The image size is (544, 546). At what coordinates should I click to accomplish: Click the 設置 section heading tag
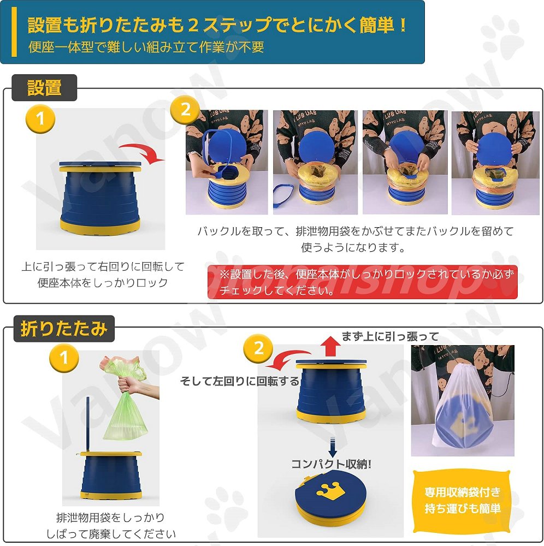tap(44, 88)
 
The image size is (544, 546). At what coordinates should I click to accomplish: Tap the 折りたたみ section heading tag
tap(64, 329)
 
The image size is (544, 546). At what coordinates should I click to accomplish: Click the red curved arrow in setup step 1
tap(143, 152)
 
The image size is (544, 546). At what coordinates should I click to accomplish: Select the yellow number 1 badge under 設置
tap(41, 118)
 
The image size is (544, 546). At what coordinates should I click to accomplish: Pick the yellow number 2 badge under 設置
tap(185, 110)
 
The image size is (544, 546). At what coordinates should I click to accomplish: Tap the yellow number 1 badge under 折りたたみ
tap(64, 358)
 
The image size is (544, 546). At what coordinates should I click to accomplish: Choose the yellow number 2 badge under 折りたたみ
tap(258, 348)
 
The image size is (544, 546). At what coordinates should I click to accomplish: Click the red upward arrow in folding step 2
tap(330, 347)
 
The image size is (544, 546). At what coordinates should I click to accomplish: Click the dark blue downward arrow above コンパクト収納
tap(333, 447)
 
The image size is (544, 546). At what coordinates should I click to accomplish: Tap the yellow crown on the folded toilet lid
tap(330, 490)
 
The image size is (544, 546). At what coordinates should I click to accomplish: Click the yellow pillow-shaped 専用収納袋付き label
tap(462, 500)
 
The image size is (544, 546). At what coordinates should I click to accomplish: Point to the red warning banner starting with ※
tap(363, 282)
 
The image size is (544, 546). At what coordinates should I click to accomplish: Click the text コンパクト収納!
tap(331, 464)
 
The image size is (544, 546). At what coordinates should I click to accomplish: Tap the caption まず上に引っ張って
tap(390, 336)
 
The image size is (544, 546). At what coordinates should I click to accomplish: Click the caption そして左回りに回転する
tap(240, 382)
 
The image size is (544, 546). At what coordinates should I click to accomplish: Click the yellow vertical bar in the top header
tap(14, 32)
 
